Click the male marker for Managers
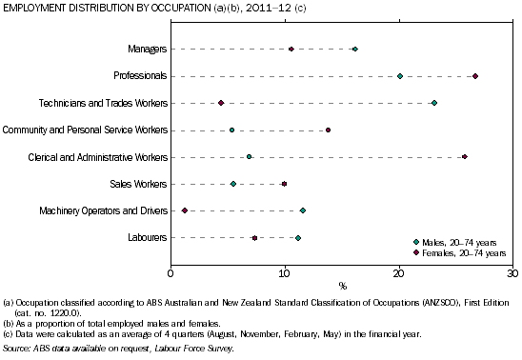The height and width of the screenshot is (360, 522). [355, 49]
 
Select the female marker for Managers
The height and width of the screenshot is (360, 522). [291, 49]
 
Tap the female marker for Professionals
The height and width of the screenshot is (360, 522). [475, 76]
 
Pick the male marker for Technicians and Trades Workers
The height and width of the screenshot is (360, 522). [433, 103]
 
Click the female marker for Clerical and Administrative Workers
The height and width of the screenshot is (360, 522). [465, 156]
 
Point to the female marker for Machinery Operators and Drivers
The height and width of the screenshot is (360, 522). [185, 210]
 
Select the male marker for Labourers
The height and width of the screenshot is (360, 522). [298, 237]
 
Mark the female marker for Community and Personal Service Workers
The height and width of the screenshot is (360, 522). [329, 130]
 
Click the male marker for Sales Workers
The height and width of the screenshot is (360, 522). [233, 184]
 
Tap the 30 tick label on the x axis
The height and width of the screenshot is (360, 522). [512, 274]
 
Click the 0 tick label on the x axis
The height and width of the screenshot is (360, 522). [171, 274]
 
